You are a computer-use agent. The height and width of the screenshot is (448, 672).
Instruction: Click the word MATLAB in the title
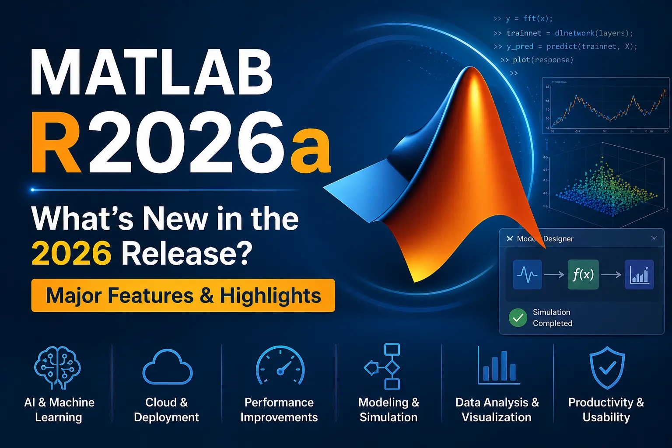click(x=151, y=73)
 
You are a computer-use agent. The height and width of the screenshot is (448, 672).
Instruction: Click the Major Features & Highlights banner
click(x=183, y=295)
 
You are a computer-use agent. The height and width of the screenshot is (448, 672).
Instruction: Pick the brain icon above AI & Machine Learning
click(x=58, y=367)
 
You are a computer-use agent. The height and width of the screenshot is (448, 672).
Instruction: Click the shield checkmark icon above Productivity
click(x=607, y=367)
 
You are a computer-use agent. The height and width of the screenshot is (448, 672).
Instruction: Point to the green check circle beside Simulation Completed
click(x=518, y=318)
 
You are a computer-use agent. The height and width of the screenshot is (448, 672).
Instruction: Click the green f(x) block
click(x=583, y=274)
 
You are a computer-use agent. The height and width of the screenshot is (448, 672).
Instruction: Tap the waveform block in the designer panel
click(x=527, y=274)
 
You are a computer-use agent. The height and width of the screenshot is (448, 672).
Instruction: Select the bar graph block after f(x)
click(x=639, y=274)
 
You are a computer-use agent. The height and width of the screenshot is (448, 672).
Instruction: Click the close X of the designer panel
click(x=654, y=238)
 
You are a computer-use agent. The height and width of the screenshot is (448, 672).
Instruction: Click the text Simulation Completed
click(x=552, y=318)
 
